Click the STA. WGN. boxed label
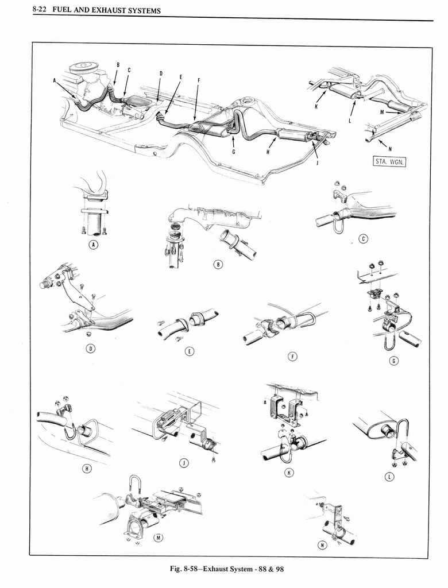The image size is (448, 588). [390, 161]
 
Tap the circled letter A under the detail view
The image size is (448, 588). [94, 245]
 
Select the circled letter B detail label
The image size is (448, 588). [217, 264]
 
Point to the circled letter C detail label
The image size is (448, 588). [363, 239]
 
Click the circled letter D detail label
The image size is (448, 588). [90, 349]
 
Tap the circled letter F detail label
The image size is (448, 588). [292, 357]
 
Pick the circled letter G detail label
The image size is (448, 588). [393, 361]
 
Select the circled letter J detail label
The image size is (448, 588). [183, 463]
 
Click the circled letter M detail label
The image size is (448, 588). [159, 537]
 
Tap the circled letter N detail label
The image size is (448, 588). [322, 544]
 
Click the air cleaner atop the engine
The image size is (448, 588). [84, 68]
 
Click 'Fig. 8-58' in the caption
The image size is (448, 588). [186, 570]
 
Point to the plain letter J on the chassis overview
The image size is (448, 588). [317, 162]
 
